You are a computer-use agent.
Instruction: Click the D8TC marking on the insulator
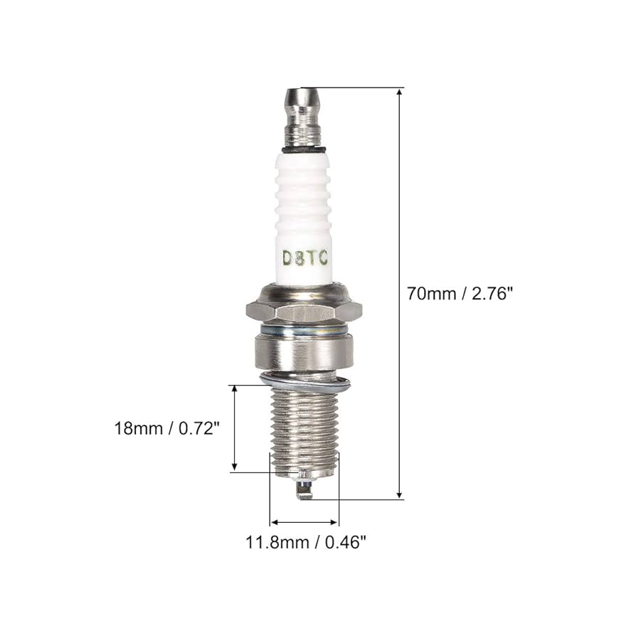[304, 258]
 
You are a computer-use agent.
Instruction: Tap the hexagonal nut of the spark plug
[304, 310]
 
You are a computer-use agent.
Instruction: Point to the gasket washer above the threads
[306, 385]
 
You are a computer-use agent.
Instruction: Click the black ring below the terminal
[304, 150]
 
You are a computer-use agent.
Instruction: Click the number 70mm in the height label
[426, 294]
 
